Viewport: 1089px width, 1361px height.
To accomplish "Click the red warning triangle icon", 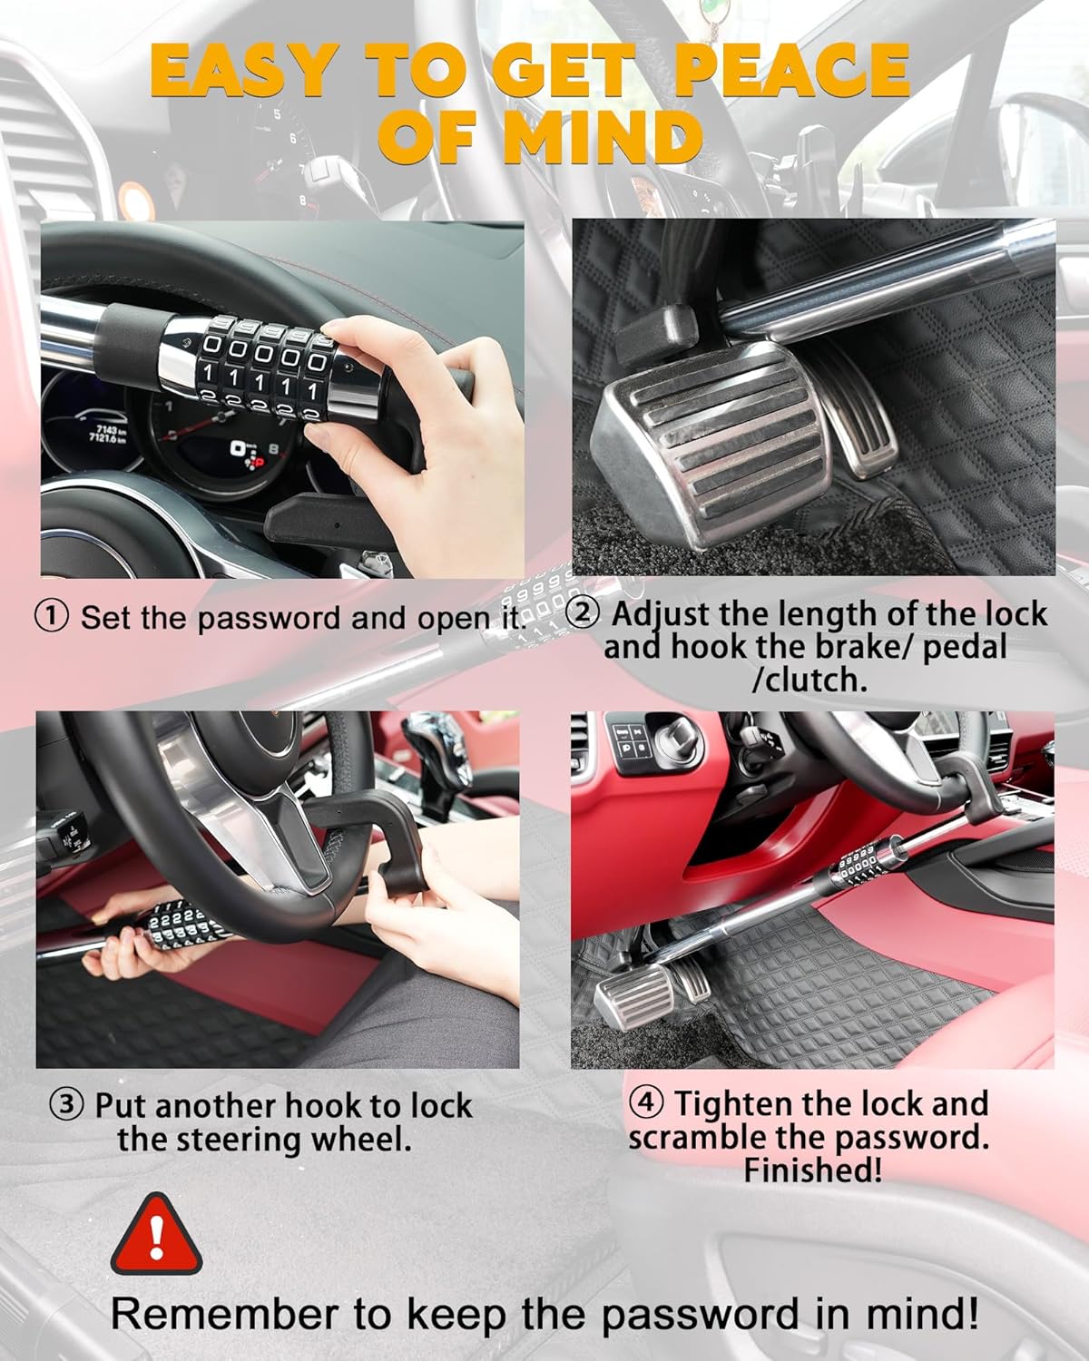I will pyautogui.click(x=156, y=1236).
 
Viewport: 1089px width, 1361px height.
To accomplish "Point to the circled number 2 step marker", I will pyautogui.click(x=582, y=614).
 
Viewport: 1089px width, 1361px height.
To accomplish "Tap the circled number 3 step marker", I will pyautogui.click(x=66, y=1105).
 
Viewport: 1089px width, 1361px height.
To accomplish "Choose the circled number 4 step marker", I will pyautogui.click(x=645, y=1103).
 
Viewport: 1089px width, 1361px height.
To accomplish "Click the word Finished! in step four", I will pyautogui.click(x=812, y=1170).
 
